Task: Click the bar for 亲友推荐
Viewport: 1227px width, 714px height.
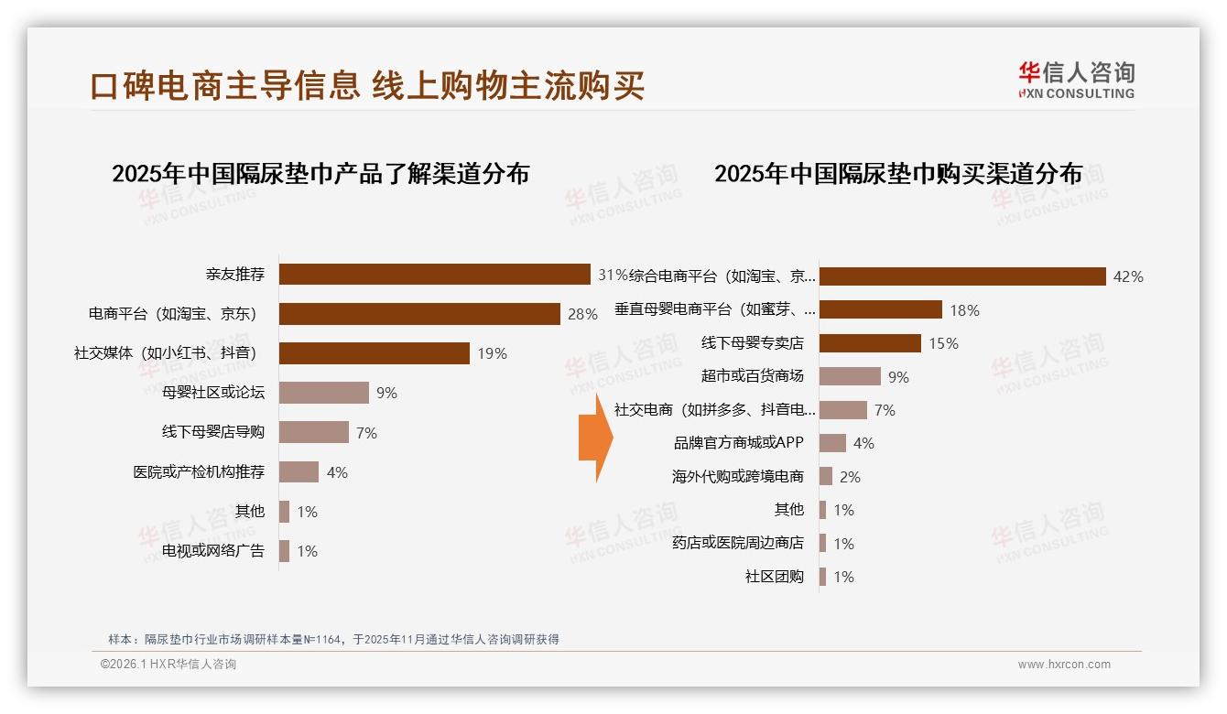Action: (x=434, y=275)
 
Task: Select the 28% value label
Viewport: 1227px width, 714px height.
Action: (x=582, y=314)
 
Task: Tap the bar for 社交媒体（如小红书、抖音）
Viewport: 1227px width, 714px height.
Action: (x=374, y=353)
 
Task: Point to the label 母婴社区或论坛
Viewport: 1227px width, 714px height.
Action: (x=213, y=393)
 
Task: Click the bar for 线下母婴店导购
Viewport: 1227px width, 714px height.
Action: (x=313, y=432)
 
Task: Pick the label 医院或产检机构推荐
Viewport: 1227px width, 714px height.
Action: (x=199, y=472)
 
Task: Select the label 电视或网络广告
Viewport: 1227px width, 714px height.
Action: (x=213, y=551)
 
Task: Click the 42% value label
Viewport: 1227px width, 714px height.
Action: (x=1127, y=276)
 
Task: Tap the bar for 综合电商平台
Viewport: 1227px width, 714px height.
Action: (x=962, y=276)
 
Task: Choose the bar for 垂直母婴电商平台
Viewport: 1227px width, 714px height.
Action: (x=880, y=309)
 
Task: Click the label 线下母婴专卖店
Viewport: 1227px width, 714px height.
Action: (x=753, y=343)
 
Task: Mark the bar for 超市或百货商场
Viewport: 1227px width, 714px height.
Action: (x=850, y=376)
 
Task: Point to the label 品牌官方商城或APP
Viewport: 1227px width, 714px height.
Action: (x=738, y=443)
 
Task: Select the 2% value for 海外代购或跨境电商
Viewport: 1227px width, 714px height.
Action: (x=850, y=477)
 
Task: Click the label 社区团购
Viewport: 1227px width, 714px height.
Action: (x=775, y=577)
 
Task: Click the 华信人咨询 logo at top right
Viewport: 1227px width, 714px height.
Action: (x=1076, y=80)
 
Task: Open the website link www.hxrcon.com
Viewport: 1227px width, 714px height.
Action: (x=1064, y=665)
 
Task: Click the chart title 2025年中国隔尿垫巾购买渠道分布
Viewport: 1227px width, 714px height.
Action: (x=898, y=173)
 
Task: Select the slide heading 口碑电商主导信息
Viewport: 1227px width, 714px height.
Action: (x=225, y=85)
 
